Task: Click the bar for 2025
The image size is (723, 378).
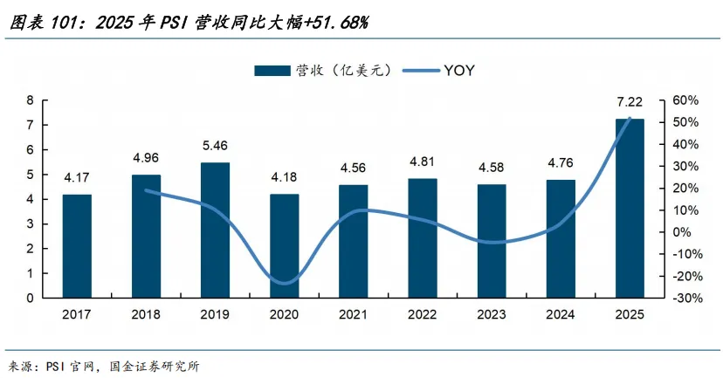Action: pyautogui.click(x=630, y=209)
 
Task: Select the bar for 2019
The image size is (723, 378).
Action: pyautogui.click(x=215, y=230)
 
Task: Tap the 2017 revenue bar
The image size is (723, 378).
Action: pyautogui.click(x=77, y=246)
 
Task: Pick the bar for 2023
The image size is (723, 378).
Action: pyautogui.click(x=492, y=241)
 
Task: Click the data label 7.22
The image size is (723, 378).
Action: pyautogui.click(x=630, y=102)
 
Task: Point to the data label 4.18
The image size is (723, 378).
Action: pyautogui.click(x=284, y=177)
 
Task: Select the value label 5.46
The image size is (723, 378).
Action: pyautogui.click(x=215, y=146)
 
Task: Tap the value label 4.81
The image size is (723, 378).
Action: pyautogui.click(x=423, y=162)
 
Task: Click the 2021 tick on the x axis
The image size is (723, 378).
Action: pyautogui.click(x=353, y=314)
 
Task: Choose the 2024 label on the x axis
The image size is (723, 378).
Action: pyautogui.click(x=561, y=314)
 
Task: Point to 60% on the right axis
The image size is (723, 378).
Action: pyautogui.click(x=685, y=100)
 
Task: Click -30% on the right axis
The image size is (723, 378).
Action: pyautogui.click(x=687, y=299)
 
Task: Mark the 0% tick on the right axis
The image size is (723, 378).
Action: pyautogui.click(x=681, y=232)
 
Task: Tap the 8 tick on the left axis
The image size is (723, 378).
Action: pyautogui.click(x=31, y=100)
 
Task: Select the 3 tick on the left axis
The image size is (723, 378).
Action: pyautogui.click(x=31, y=224)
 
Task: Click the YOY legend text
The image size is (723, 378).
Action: pyautogui.click(x=458, y=71)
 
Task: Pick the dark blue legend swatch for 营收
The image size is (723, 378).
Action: pyautogui.click(x=272, y=71)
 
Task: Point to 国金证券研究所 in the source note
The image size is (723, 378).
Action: pyautogui.click(x=155, y=367)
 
